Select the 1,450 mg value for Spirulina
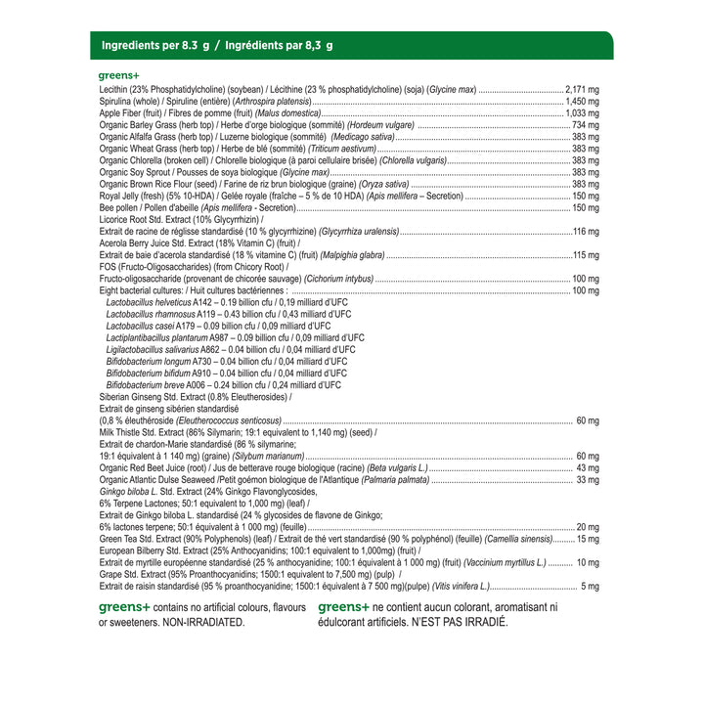pyautogui.click(x=583, y=101)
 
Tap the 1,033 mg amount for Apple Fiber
pyautogui.click(x=583, y=113)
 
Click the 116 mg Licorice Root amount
pyautogui.click(x=586, y=231)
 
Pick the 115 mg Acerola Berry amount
pyautogui.click(x=586, y=255)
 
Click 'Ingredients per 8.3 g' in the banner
pyautogui.click(x=156, y=45)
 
